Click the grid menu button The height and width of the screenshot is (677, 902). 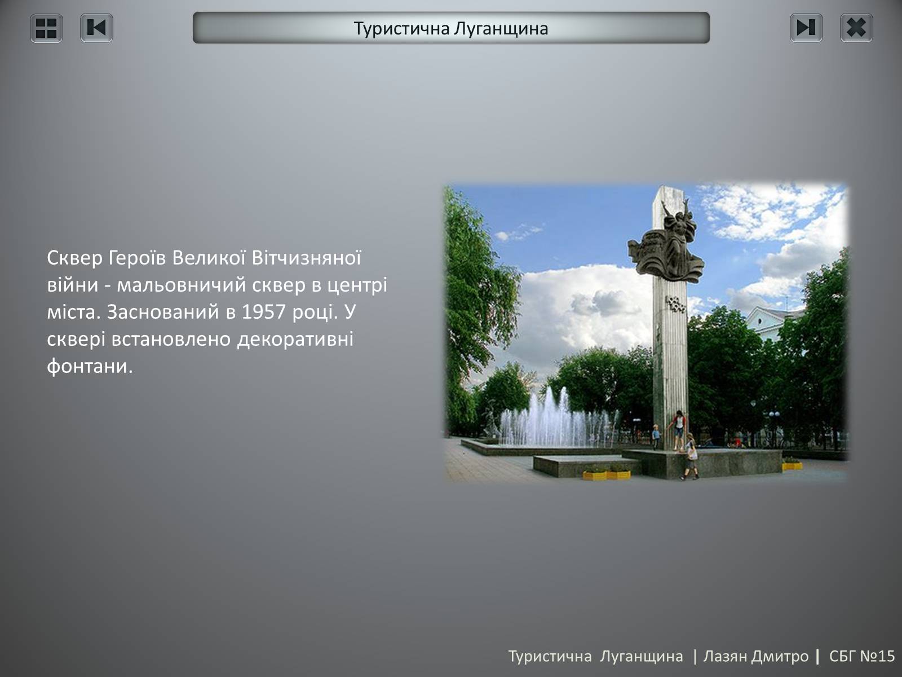coord(46,28)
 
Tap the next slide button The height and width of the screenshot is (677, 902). coord(806,28)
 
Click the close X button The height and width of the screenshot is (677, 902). coord(856,28)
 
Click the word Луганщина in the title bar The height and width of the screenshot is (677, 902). coord(501,29)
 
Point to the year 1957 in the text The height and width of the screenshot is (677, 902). coord(263,312)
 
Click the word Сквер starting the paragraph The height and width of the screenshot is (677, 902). coord(74,258)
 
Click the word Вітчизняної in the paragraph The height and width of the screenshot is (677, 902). coord(306,258)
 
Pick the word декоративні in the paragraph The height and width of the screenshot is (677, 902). coord(295,340)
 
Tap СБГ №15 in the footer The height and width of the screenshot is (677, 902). coord(862,657)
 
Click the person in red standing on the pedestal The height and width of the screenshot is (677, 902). coord(678,430)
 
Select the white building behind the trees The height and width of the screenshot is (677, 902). coord(768,322)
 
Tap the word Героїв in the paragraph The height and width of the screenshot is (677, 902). coord(137,258)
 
